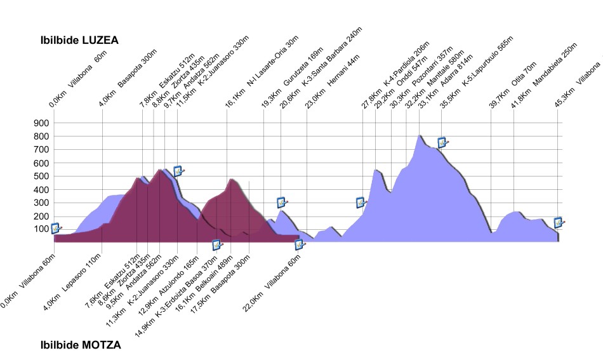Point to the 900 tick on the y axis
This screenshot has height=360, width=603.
pyautogui.click(x=44, y=123)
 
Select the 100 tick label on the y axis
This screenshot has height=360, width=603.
pyautogui.click(x=44, y=229)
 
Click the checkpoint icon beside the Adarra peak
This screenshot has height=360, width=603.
pyautogui.click(x=443, y=142)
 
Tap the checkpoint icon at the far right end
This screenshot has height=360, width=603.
pyautogui.click(x=559, y=222)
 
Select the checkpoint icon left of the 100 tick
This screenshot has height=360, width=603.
pyautogui.click(x=56, y=228)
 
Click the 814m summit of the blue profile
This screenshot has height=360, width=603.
pyautogui.click(x=419, y=135)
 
